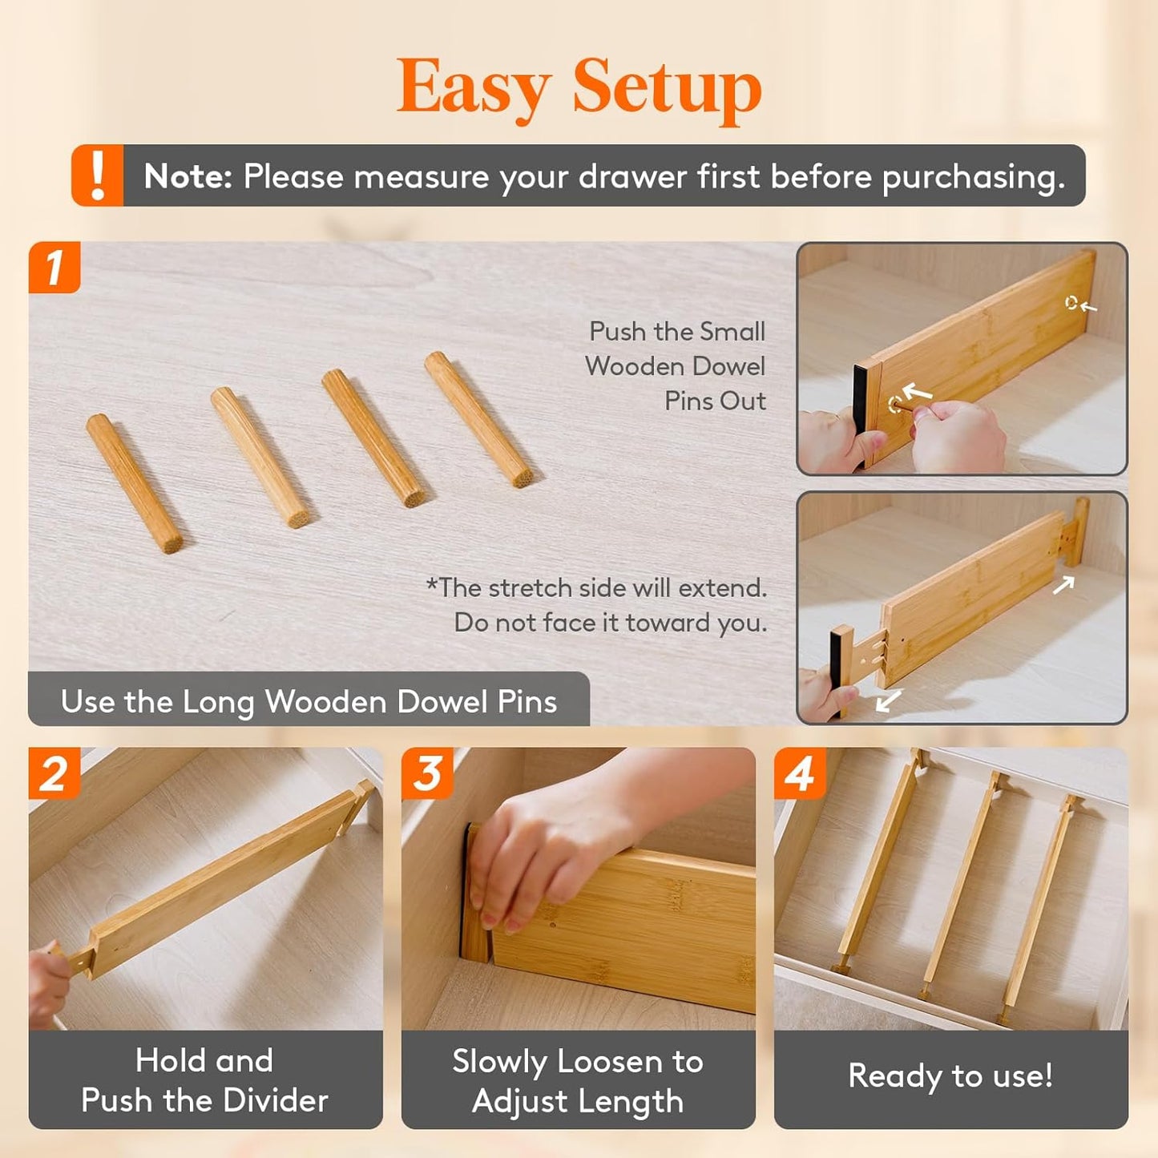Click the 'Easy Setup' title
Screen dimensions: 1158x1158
click(x=579, y=87)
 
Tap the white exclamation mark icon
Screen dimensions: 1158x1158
click(x=98, y=176)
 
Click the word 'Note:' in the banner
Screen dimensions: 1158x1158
click(x=188, y=176)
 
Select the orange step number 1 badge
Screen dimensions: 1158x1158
click(x=54, y=268)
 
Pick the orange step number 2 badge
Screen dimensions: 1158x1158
click(x=54, y=774)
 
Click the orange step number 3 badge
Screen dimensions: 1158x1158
click(x=428, y=774)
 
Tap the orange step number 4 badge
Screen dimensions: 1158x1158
click(x=800, y=774)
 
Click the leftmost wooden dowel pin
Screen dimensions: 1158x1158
click(x=135, y=483)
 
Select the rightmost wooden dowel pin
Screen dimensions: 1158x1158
click(x=479, y=419)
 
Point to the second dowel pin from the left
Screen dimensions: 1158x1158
click(x=260, y=457)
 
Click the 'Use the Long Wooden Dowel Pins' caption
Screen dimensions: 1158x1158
click(x=309, y=702)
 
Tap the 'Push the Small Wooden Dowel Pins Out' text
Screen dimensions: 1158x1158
click(x=676, y=366)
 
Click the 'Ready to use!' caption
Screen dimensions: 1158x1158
click(x=950, y=1075)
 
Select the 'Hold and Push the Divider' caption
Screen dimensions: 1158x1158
click(x=205, y=1080)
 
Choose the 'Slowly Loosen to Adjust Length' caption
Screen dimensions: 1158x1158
click(x=578, y=1081)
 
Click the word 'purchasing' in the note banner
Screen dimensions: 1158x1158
click(x=973, y=177)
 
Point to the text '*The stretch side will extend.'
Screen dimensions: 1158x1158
click(x=597, y=588)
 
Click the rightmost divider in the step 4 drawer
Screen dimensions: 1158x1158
click(x=1039, y=910)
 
